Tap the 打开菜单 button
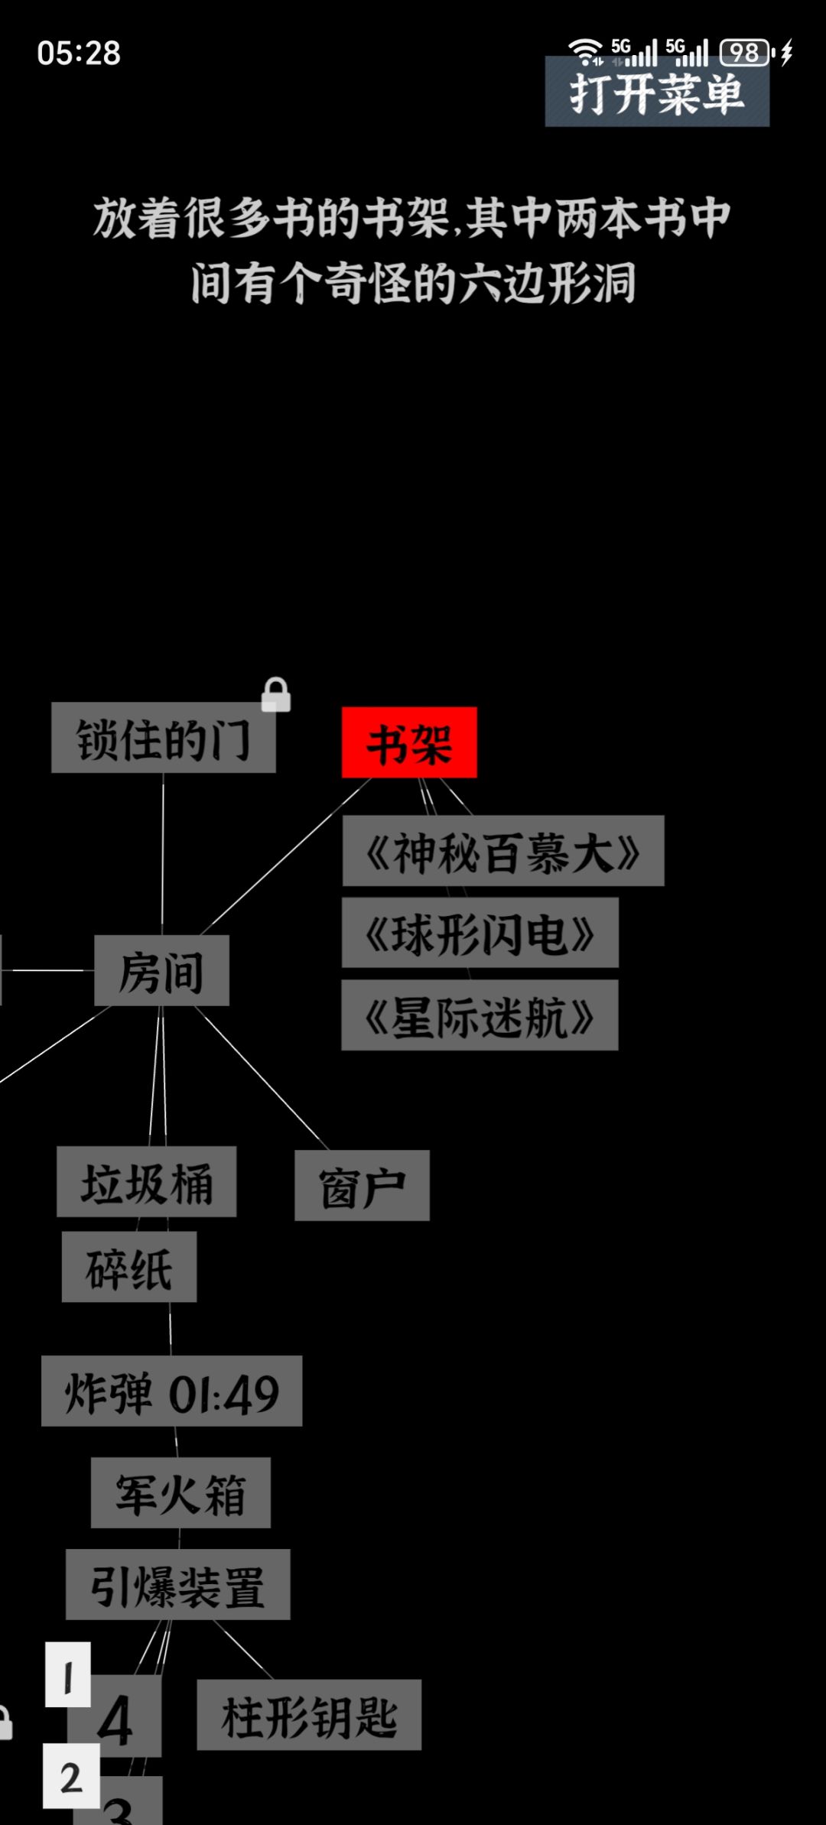[x=657, y=91]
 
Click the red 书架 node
[x=409, y=742]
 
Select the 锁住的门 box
[x=164, y=738]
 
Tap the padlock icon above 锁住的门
[x=275, y=694]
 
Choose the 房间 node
[x=161, y=970]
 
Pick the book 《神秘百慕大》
[x=503, y=851]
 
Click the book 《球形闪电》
[x=480, y=933]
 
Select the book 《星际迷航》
[x=480, y=1015]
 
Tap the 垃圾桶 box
[x=146, y=1181]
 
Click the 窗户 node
[x=362, y=1185]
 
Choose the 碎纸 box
[x=129, y=1266]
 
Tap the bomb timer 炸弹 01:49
[x=171, y=1391]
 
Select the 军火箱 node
[x=180, y=1492]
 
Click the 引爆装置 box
[x=177, y=1584]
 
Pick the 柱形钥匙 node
[x=309, y=1715]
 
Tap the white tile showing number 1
[x=68, y=1674]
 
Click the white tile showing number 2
[x=71, y=1776]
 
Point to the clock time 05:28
[x=79, y=54]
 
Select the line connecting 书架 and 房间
[x=286, y=856]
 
